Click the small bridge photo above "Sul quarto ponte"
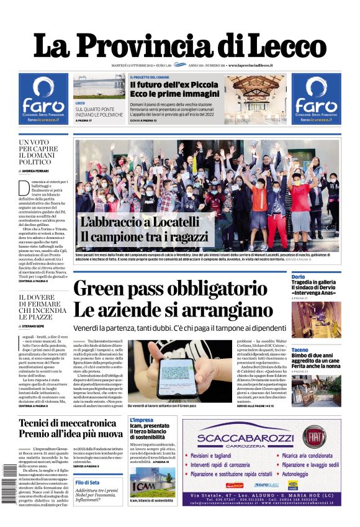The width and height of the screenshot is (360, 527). click(x=99, y=86)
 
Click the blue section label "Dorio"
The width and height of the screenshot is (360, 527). click(x=298, y=276)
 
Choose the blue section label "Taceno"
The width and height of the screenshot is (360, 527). click(x=300, y=350)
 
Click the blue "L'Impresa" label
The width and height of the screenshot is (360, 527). click(x=141, y=420)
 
